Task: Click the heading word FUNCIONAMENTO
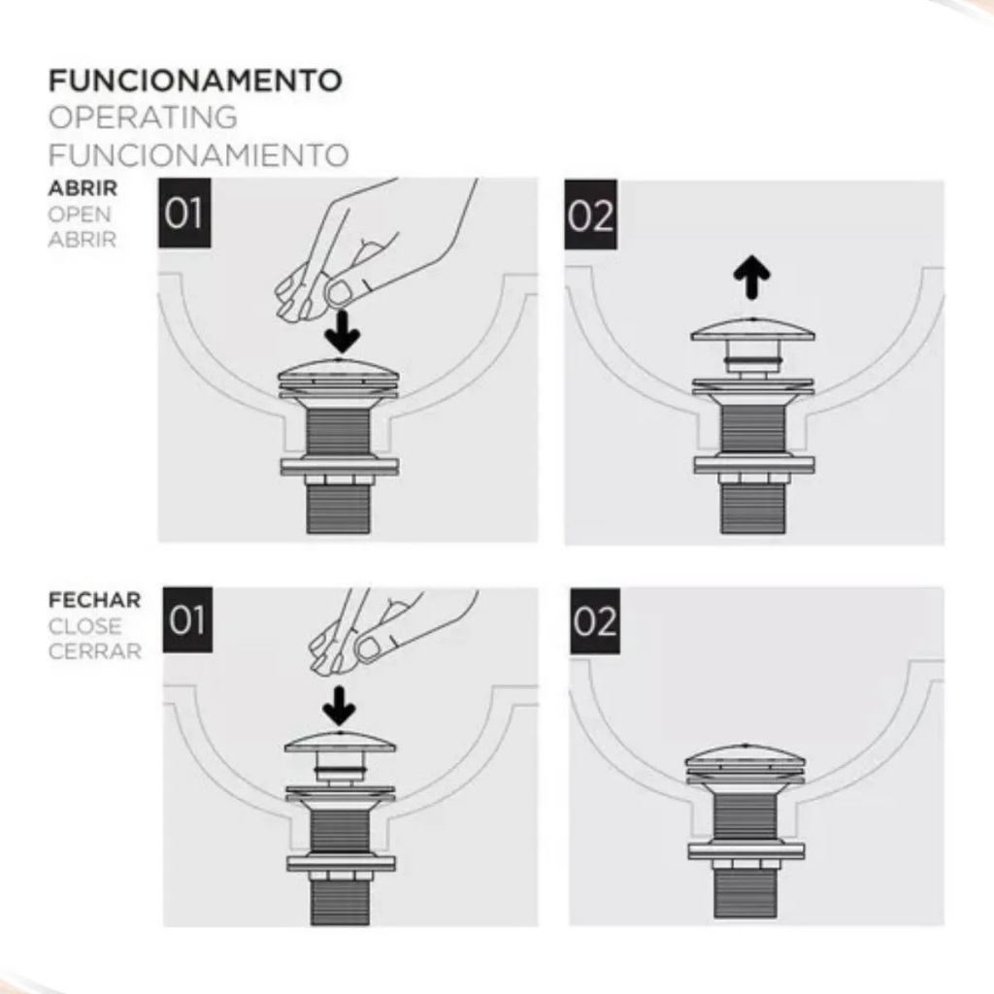[195, 81]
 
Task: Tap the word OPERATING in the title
[143, 117]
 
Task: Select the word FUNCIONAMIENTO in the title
[198, 155]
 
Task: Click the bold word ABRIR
[83, 188]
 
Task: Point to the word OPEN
[80, 215]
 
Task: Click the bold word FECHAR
[94, 600]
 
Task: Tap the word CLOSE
[85, 626]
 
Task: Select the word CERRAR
[94, 651]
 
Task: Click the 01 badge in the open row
[183, 213]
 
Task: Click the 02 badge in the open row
[591, 215]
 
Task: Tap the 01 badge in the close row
[187, 620]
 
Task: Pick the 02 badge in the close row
[595, 621]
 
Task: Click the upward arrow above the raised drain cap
[752, 277]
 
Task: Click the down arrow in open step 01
[343, 332]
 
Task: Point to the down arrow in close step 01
[339, 706]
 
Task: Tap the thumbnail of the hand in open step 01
[341, 292]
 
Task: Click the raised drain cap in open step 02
[752, 330]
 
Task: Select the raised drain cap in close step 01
[341, 741]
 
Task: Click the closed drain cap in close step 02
[745, 756]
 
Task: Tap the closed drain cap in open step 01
[339, 371]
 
